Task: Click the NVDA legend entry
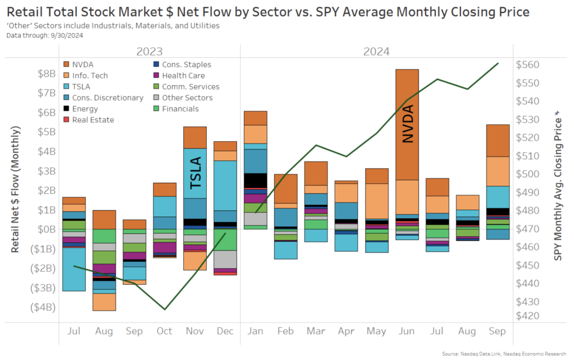(82, 64)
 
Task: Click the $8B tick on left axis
(47, 73)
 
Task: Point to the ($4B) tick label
(43, 307)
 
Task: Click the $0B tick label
(47, 229)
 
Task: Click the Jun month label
(406, 331)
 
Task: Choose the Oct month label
(165, 331)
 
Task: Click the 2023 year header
(150, 52)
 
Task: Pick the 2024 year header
(377, 52)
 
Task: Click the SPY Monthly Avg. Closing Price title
(557, 185)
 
